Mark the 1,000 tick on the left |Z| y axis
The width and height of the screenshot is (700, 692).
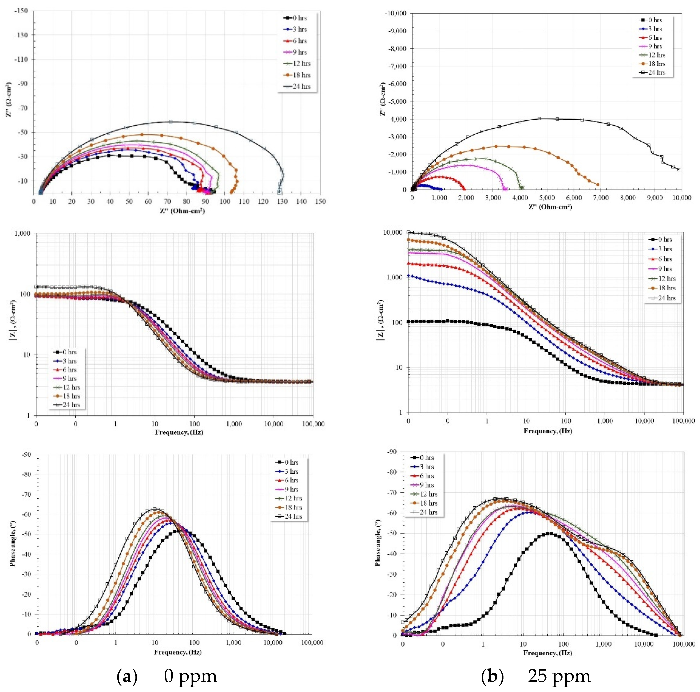23,234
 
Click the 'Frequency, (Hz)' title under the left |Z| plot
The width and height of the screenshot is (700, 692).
179,432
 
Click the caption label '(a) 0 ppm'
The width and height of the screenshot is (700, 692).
167,676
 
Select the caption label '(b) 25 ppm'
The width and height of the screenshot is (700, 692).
535,676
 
